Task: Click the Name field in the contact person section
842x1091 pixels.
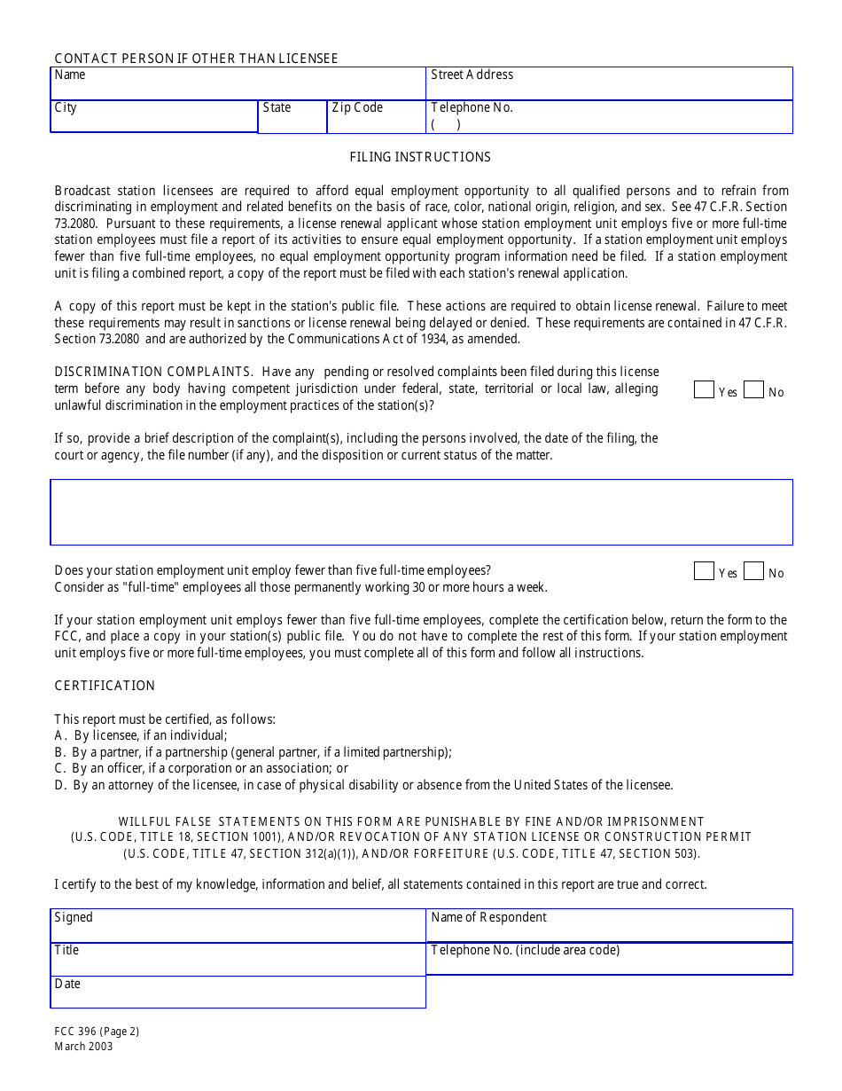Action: tap(238, 84)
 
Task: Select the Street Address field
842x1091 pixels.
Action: tap(609, 84)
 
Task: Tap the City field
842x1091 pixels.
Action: tap(153, 117)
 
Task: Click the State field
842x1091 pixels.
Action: tap(292, 117)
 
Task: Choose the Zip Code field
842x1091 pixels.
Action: tap(376, 117)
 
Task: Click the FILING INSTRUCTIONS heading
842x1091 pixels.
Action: tap(420, 157)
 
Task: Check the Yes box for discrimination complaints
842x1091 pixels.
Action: tap(704, 389)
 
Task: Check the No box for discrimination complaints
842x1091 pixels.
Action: tap(753, 389)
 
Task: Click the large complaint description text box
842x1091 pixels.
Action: tap(421, 512)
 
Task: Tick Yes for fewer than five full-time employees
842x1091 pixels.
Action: tap(704, 570)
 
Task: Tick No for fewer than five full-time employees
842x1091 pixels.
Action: tap(753, 570)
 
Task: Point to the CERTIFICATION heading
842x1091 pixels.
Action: tap(105, 686)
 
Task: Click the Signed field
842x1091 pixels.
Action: tap(238, 925)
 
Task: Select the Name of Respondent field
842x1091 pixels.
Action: tap(609, 925)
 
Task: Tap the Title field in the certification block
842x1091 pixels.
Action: tap(238, 959)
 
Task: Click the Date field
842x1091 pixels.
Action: tap(238, 992)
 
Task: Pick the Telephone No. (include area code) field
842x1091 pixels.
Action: tap(609, 959)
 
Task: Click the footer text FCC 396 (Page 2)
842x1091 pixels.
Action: tap(97, 1032)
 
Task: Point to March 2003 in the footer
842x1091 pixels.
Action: tap(83, 1047)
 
